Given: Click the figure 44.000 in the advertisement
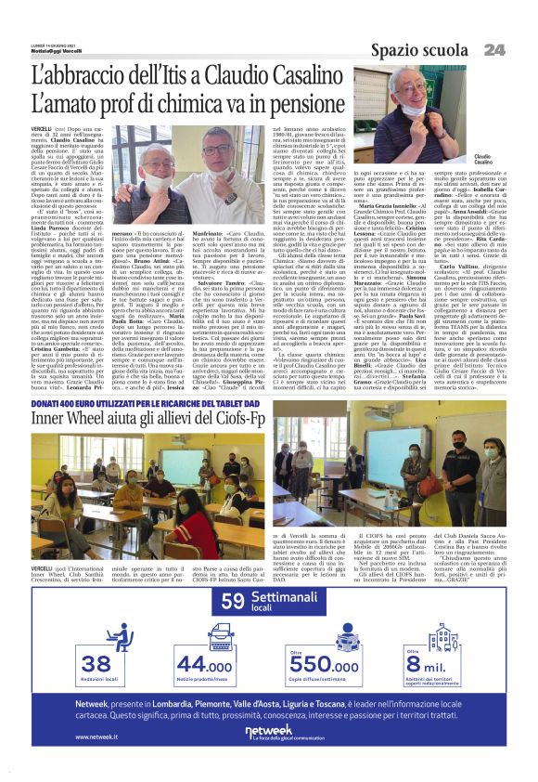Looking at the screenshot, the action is point(205,664).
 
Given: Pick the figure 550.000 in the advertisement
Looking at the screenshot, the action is point(324,664).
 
